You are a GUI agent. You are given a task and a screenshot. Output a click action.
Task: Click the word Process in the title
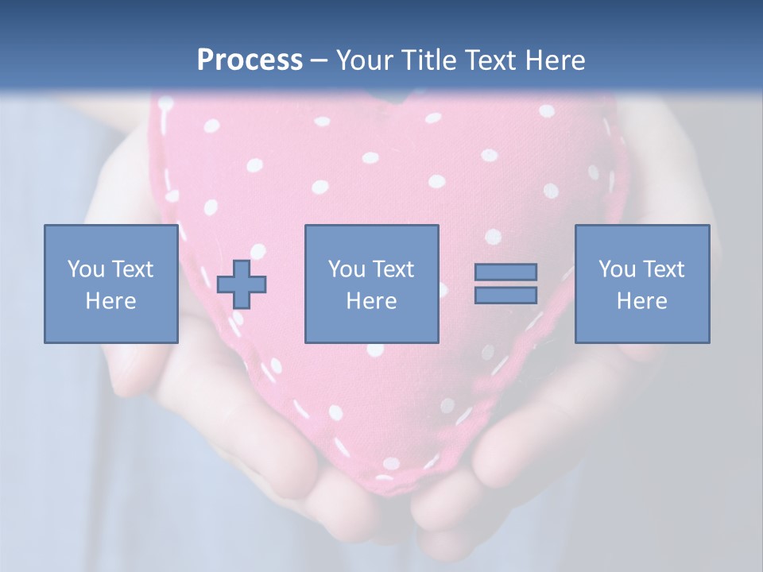point(250,60)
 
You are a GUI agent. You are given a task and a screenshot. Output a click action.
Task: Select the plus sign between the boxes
point(242,284)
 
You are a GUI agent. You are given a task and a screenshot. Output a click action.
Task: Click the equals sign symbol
point(505,284)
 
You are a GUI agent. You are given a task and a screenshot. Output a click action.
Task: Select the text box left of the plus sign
point(111,284)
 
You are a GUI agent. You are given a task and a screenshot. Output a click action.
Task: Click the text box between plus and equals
point(371,284)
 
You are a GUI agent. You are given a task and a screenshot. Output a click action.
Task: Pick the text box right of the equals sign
point(641,284)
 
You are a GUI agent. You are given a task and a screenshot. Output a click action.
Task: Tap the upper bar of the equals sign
point(505,272)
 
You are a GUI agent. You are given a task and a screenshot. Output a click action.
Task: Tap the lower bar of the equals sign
point(505,295)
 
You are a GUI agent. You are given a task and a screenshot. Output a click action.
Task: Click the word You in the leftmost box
point(85,269)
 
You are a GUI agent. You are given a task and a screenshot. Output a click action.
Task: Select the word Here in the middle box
point(371,301)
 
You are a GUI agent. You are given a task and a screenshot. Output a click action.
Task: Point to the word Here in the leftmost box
point(111,301)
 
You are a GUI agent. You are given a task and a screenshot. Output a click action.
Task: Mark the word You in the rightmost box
point(616,269)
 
